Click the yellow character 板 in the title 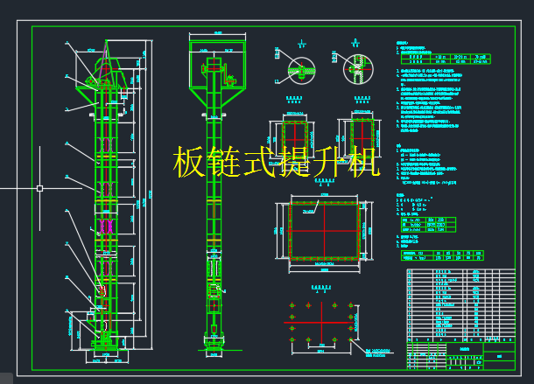(x=191, y=163)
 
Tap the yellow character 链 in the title (x=225, y=163)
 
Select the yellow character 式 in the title (x=258, y=163)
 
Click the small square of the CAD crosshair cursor (x=39, y=187)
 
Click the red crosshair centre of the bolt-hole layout (x=323, y=325)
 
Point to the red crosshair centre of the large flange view (x=325, y=230)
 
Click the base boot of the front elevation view (x=214, y=337)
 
